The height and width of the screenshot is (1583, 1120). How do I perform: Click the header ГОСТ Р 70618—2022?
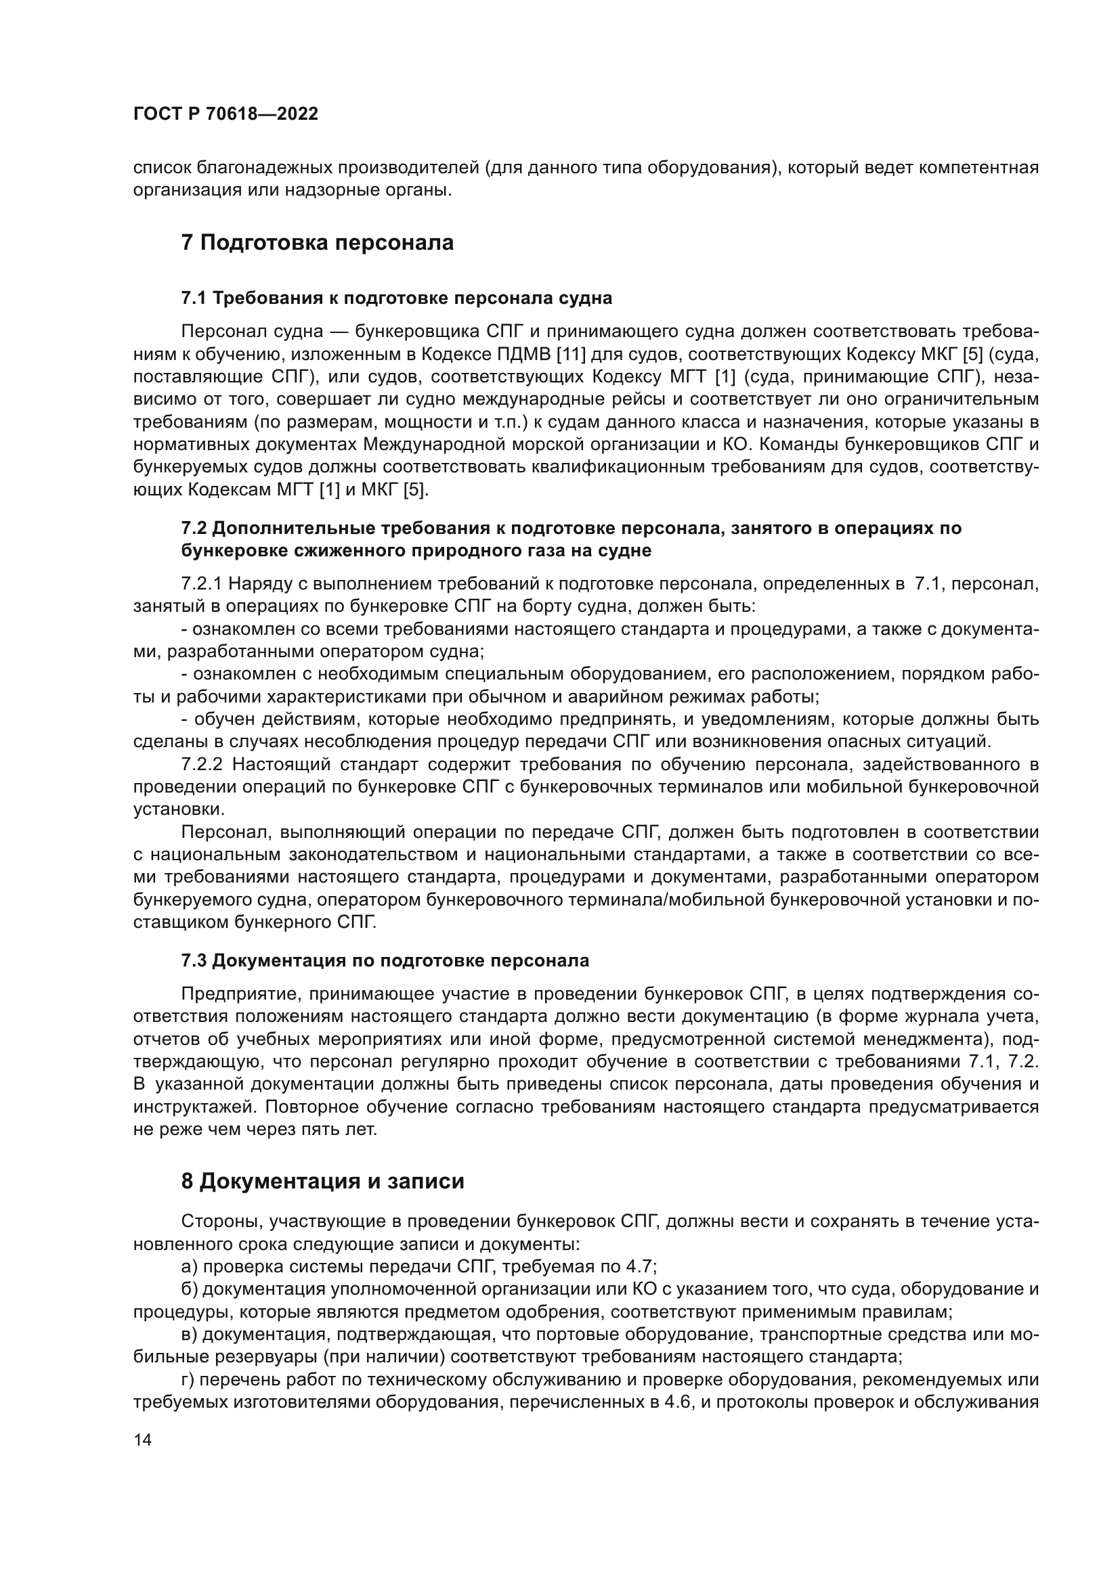click(225, 114)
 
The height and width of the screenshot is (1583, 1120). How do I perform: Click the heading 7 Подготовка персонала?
click(317, 244)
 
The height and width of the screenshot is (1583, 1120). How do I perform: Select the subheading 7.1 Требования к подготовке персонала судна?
click(397, 298)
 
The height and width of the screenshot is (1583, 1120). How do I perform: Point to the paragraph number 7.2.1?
click(201, 584)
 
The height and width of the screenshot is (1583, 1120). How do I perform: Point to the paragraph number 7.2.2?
click(201, 765)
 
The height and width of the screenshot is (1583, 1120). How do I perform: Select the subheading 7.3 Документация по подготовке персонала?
click(385, 960)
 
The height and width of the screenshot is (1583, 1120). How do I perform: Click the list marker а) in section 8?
click(190, 1266)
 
